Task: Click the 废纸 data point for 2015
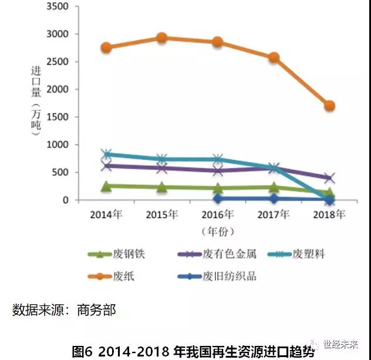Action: pyautogui.click(x=162, y=38)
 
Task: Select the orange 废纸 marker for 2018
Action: pyautogui.click(x=329, y=106)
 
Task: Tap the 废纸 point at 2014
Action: pyautogui.click(x=106, y=48)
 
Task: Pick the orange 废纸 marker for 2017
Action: pyautogui.click(x=274, y=58)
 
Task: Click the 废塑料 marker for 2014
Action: pyautogui.click(x=106, y=154)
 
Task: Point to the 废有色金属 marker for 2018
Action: pyautogui.click(x=329, y=177)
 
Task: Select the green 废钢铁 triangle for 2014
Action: pyautogui.click(x=106, y=186)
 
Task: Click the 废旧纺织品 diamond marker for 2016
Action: pyautogui.click(x=218, y=198)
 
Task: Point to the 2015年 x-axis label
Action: pyautogui.click(x=162, y=214)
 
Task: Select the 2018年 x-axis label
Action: pyautogui.click(x=329, y=214)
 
